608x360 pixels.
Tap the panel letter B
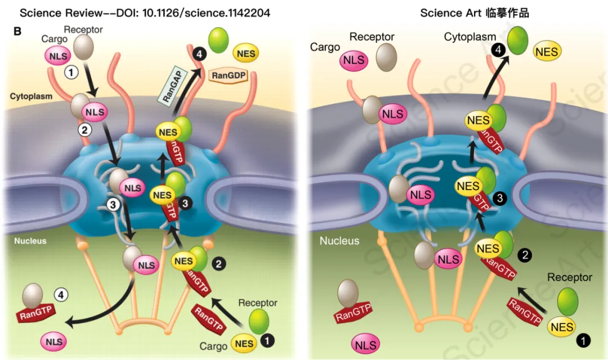(x=17, y=31)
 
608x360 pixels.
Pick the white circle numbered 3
(x=113, y=205)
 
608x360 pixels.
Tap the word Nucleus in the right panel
(x=339, y=241)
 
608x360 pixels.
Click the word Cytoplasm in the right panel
(x=470, y=37)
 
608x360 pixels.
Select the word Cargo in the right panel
(x=325, y=47)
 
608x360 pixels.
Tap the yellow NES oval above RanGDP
(x=246, y=53)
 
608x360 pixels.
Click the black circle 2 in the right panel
(x=525, y=254)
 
